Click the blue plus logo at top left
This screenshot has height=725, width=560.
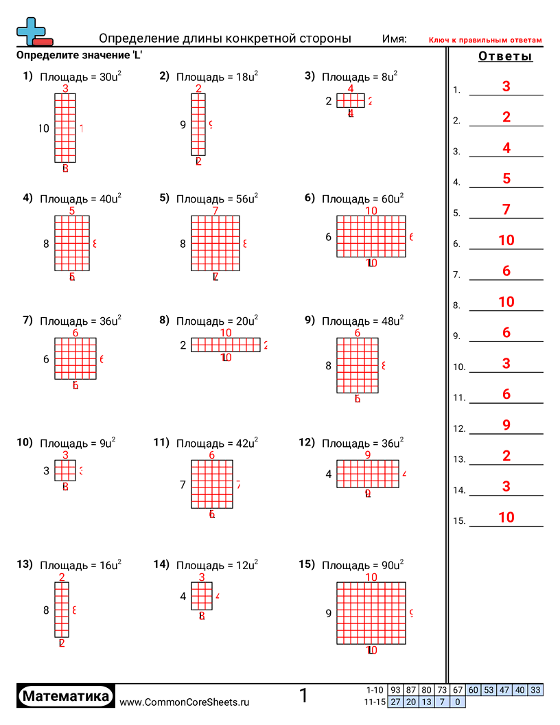pos(30,31)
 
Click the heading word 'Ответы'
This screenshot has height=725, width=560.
pos(505,57)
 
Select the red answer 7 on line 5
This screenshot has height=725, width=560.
pos(506,209)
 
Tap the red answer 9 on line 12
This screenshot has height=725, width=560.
pos(506,425)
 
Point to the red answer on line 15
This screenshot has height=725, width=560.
pos(506,518)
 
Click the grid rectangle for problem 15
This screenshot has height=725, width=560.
pos(371,613)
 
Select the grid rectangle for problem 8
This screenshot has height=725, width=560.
pos(226,345)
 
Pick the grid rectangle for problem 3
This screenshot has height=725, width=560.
pos(350,101)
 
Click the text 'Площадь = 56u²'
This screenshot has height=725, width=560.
pos(217,199)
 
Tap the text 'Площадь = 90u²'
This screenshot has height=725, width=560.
pos(362,566)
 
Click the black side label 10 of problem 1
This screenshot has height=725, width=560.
pos(45,128)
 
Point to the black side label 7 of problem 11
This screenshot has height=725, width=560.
pos(183,485)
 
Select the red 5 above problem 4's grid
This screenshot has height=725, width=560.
pos(72,211)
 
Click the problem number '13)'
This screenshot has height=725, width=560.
pos(25,564)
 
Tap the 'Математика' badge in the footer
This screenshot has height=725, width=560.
pos(66,696)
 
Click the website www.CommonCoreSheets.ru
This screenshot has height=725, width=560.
pos(185,702)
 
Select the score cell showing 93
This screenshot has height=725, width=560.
pos(395,690)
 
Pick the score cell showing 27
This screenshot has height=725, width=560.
pos(395,702)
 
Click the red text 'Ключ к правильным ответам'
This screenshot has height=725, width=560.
pos(485,41)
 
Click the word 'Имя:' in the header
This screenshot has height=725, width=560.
pos(395,39)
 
